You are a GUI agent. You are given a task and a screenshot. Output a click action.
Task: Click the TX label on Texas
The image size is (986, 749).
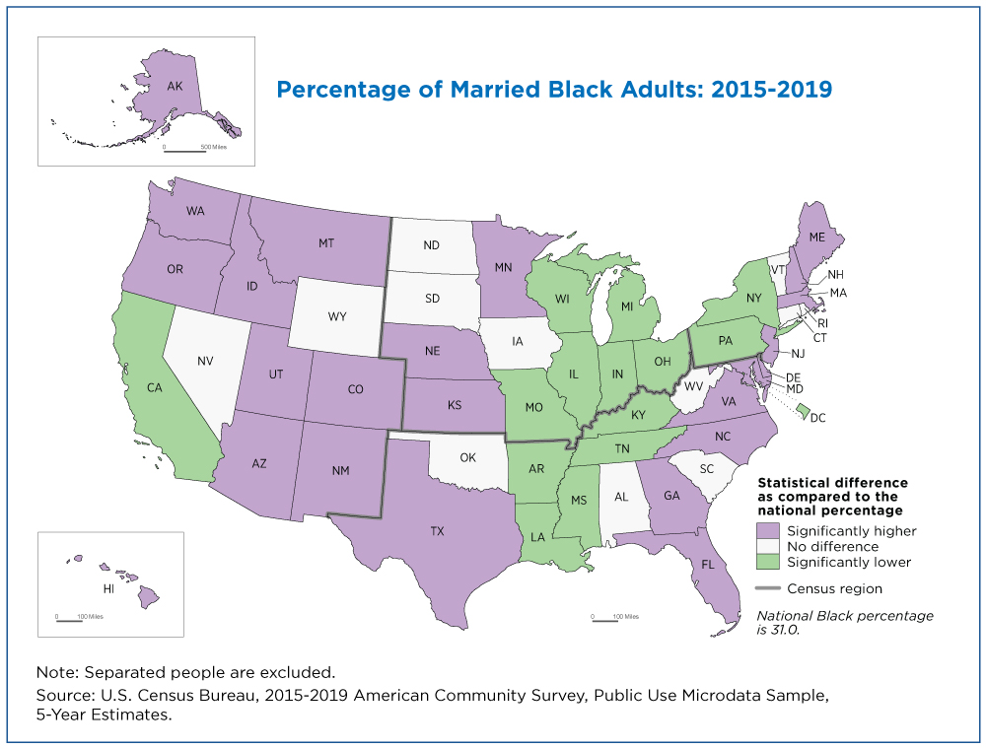pyautogui.click(x=437, y=531)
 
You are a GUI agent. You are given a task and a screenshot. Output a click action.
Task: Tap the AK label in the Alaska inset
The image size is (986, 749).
pyautogui.click(x=175, y=86)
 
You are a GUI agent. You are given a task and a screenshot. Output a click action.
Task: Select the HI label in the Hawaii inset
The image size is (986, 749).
pyautogui.click(x=108, y=588)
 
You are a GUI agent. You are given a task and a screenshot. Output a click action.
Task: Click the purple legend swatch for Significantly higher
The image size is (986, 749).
pyautogui.click(x=768, y=531)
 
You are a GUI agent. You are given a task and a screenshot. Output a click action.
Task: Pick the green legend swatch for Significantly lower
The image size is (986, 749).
pyautogui.click(x=768, y=562)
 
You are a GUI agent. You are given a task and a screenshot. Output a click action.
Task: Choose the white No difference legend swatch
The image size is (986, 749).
pyautogui.click(x=768, y=546)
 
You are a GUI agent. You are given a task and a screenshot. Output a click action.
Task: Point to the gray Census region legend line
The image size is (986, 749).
pyautogui.click(x=768, y=588)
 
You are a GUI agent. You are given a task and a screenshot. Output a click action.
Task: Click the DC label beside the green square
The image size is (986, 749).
pyautogui.click(x=817, y=418)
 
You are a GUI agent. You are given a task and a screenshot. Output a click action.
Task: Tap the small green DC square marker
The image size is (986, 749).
pyautogui.click(x=803, y=411)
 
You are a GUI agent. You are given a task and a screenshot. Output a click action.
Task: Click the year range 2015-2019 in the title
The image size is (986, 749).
pyautogui.click(x=772, y=90)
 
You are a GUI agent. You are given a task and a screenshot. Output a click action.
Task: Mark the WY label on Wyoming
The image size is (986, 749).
pyautogui.click(x=337, y=316)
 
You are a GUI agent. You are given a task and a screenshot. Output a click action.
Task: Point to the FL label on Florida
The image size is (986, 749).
pyautogui.click(x=708, y=565)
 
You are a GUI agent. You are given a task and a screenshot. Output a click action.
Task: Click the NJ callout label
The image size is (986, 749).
pyautogui.click(x=798, y=353)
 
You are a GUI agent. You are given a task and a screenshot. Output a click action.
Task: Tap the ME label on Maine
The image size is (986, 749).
pyautogui.click(x=816, y=237)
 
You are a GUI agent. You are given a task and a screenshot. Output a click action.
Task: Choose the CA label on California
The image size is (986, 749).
pyautogui.click(x=155, y=387)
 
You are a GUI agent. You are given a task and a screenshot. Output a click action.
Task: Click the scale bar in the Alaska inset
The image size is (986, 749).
pyautogui.click(x=185, y=152)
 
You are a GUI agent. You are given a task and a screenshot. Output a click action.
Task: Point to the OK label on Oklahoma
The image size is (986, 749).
pyautogui.click(x=467, y=457)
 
